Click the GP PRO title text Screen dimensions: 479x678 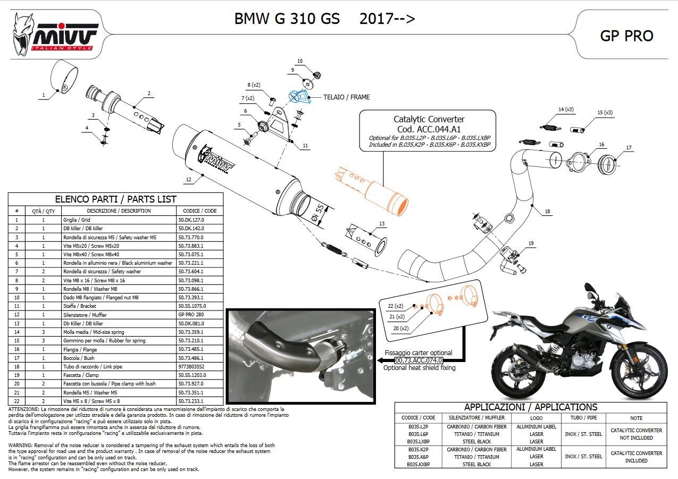[626, 36]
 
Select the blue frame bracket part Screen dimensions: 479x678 [298, 96]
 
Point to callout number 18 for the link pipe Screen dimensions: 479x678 [547, 212]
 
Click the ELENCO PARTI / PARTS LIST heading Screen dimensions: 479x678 [115, 199]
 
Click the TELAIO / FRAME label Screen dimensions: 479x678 [347, 97]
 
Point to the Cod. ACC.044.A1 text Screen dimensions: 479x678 [429, 129]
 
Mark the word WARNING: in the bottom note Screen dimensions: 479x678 [21, 445]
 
